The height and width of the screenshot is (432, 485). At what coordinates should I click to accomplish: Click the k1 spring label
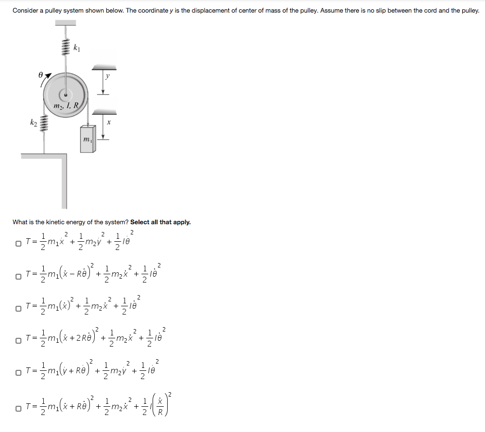point(76,48)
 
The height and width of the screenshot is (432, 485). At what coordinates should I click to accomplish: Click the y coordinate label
point(108,76)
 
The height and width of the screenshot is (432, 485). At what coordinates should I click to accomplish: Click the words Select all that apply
point(160,222)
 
